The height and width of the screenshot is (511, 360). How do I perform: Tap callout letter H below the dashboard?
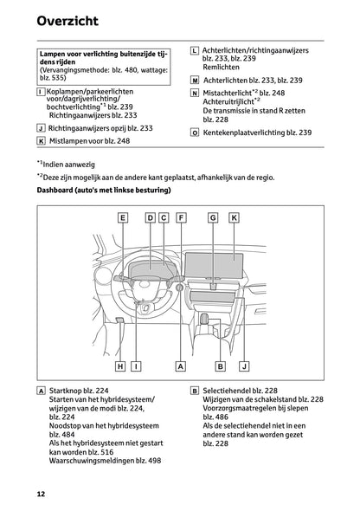121,366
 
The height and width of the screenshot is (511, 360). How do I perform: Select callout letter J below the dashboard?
244,366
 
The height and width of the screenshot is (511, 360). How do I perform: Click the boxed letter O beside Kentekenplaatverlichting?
195,133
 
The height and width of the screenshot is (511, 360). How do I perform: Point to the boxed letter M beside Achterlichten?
195,80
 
